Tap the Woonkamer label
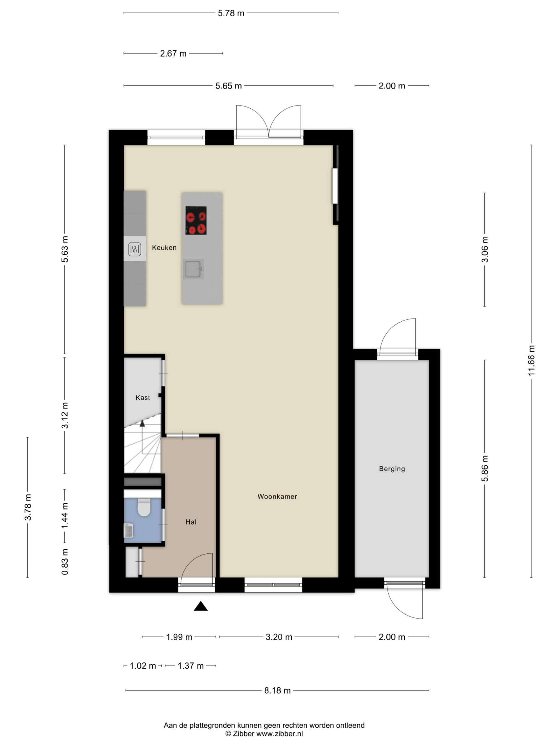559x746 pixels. coord(277,497)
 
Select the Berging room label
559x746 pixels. coord(392,469)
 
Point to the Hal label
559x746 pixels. coord(191,522)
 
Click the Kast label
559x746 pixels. coord(143,397)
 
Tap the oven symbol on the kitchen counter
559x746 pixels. coord(135,249)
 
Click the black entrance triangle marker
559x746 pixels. coord(201,606)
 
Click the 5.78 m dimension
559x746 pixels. coord(231,13)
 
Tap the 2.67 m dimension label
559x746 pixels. coord(173,54)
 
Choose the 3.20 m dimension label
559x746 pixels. coord(279,637)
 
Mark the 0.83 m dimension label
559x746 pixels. coord(65,562)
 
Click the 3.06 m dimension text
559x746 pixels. coord(484,249)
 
